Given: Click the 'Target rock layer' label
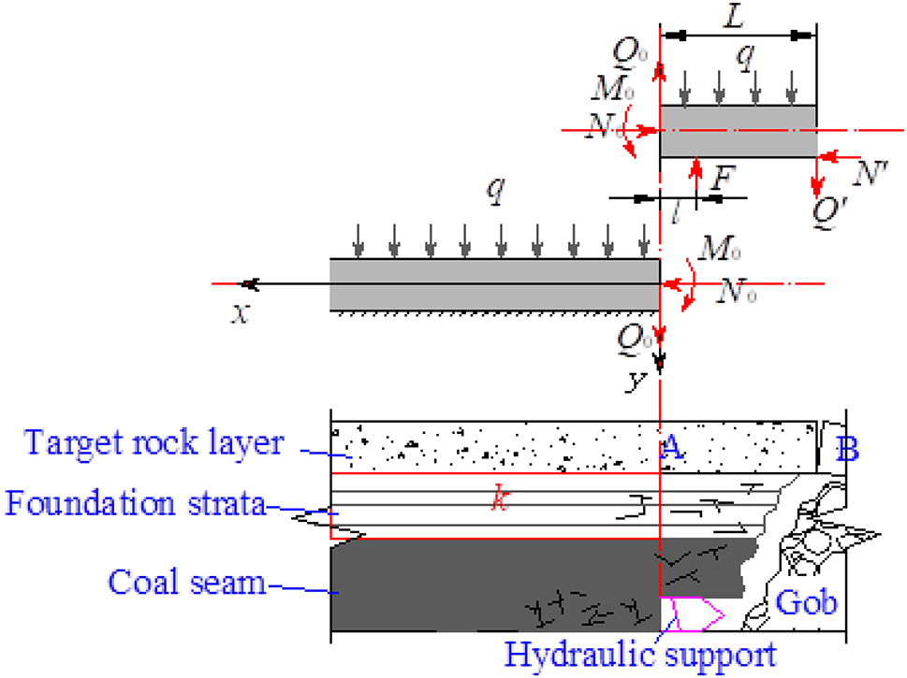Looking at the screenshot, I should pyautogui.click(x=154, y=442).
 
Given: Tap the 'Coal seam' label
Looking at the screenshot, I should pyautogui.click(x=187, y=584).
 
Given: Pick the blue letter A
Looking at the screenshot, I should pyautogui.click(x=670, y=449).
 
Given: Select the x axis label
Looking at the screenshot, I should pyautogui.click(x=241, y=314).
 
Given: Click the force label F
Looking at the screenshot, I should pyautogui.click(x=717, y=178).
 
